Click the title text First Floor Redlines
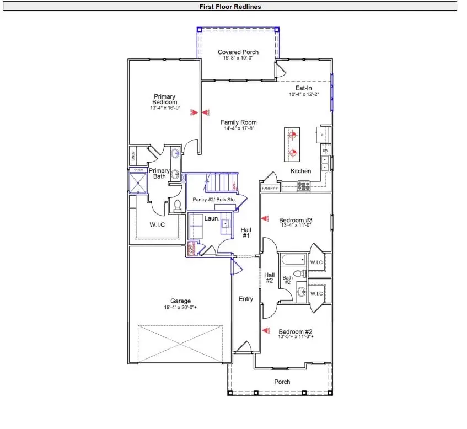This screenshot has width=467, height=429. point(230,7)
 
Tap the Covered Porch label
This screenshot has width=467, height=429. point(238,52)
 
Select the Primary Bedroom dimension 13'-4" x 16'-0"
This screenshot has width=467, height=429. point(164,108)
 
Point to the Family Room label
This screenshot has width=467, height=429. point(238,122)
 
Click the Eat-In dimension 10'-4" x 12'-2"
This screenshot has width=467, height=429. point(304,94)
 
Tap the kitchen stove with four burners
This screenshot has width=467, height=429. point(304,186)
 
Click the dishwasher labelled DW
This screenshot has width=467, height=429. point(325,151)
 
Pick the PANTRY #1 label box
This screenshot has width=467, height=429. point(270,189)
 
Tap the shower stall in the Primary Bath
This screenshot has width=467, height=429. point(138,180)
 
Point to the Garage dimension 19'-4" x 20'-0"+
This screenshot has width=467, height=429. point(180,308)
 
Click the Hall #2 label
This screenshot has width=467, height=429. point(269,278)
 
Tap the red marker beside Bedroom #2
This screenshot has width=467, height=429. point(266,330)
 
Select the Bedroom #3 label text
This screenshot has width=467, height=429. point(296,219)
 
